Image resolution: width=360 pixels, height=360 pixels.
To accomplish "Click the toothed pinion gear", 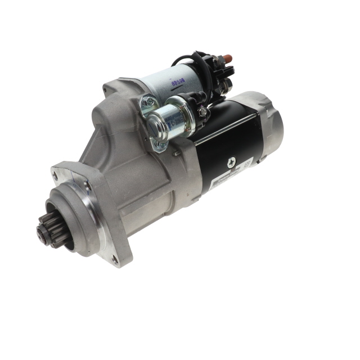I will point(48,231).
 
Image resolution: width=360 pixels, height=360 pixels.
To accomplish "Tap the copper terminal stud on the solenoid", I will point(228,58).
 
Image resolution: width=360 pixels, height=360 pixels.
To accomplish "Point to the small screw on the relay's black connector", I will point(203,111).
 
